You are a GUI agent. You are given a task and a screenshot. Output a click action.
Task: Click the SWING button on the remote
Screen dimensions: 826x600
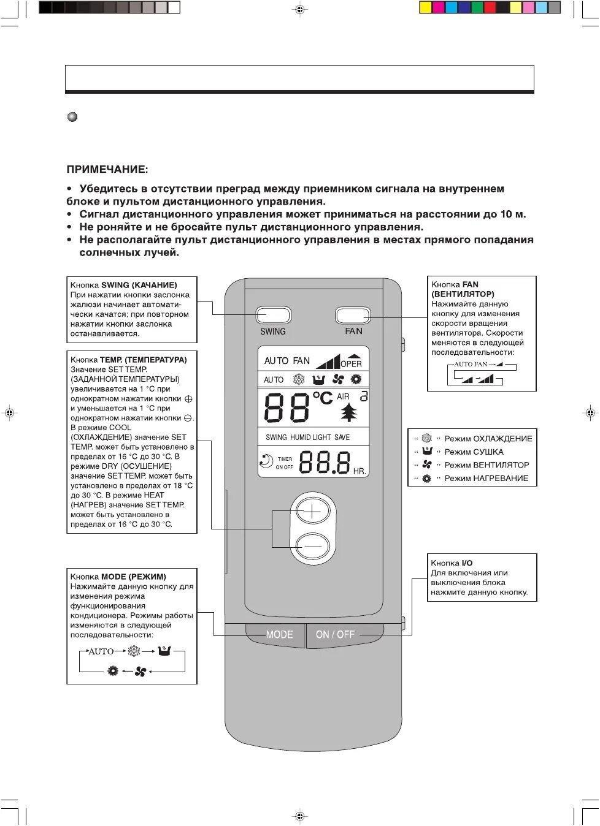(273, 315)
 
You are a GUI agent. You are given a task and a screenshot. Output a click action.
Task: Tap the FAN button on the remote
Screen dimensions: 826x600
(353, 315)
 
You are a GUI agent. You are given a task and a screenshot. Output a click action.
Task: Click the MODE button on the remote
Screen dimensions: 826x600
(279, 635)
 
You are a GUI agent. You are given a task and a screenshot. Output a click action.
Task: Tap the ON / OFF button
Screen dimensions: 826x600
(335, 635)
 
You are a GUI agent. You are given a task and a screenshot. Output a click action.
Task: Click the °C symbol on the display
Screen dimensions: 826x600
(322, 398)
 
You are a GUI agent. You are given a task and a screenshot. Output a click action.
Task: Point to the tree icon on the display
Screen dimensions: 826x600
(348, 412)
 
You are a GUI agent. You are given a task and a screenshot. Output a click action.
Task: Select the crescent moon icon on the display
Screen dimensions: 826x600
(266, 461)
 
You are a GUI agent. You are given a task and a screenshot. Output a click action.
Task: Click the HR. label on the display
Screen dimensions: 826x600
(360, 471)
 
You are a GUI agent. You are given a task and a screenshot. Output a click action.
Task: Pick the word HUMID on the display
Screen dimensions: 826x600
(301, 438)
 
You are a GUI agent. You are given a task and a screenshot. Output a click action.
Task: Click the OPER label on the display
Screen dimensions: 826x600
(351, 363)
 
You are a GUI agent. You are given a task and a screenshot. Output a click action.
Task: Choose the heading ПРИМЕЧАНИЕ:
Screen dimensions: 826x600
(107, 170)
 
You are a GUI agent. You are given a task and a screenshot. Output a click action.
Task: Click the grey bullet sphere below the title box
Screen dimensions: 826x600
(72, 117)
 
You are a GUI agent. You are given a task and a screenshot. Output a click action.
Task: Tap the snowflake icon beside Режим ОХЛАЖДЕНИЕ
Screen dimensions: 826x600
(427, 439)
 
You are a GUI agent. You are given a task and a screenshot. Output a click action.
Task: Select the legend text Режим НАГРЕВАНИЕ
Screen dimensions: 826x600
(487, 479)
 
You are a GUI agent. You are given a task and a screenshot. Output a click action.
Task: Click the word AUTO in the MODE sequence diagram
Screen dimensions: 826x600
(101, 651)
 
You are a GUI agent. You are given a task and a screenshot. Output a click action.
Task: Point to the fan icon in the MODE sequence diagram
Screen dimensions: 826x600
(140, 672)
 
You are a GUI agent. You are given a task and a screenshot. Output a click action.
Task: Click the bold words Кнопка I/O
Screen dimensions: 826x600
(452, 563)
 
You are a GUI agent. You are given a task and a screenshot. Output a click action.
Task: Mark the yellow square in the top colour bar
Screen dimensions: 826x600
(425, 7)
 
